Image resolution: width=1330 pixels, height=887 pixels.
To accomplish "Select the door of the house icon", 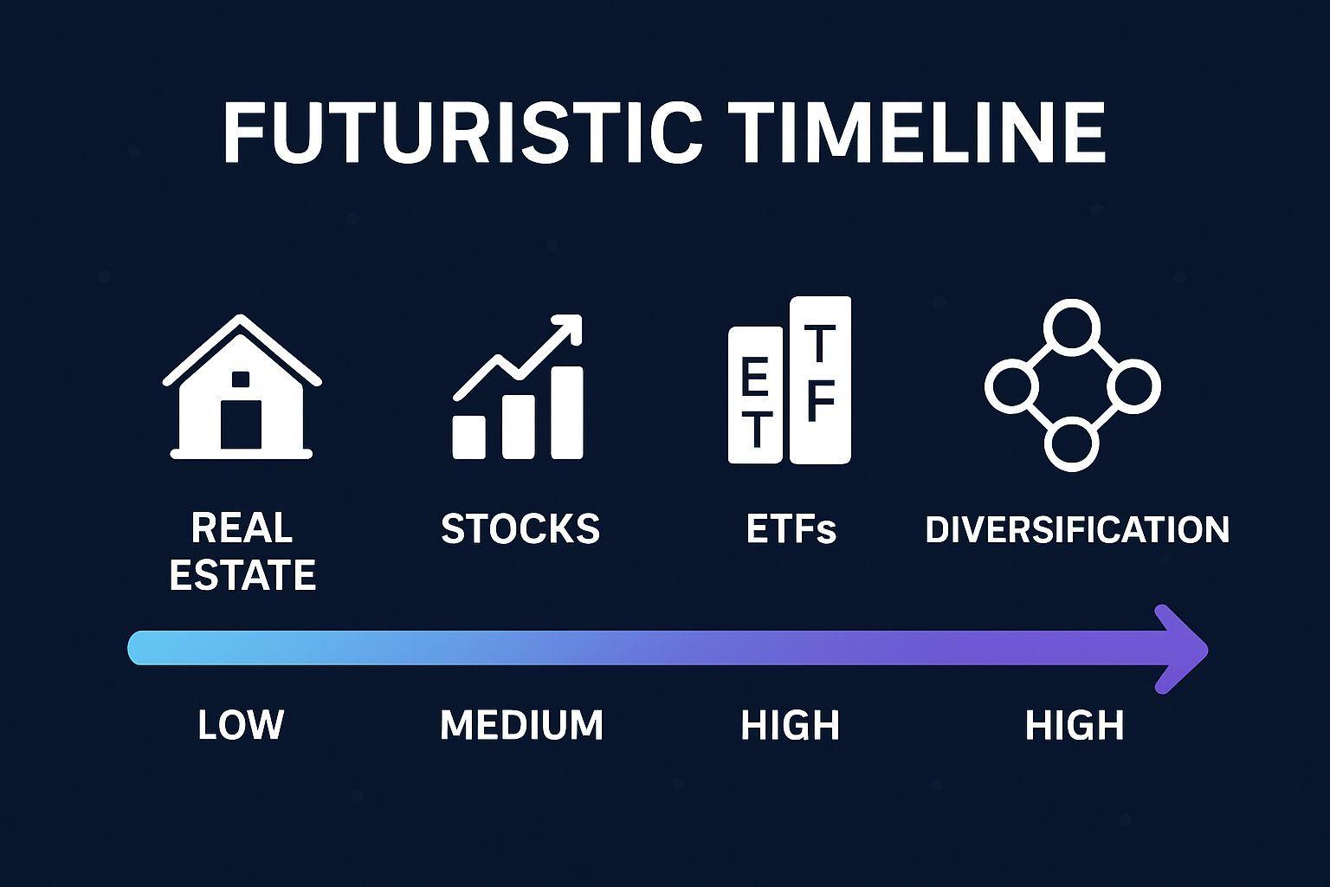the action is (241, 424).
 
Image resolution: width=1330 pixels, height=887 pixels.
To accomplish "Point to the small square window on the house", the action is (241, 379).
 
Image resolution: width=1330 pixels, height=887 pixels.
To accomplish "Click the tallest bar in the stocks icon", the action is (567, 412).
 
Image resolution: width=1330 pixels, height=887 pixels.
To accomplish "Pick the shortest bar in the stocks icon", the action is (469, 437).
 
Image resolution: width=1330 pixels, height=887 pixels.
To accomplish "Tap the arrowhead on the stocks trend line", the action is (567, 330).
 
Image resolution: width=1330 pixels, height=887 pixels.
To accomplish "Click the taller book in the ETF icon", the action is (820, 380).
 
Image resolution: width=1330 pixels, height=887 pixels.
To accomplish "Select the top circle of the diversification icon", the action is (1072, 328).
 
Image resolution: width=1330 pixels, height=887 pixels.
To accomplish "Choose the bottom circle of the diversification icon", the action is (1072, 443).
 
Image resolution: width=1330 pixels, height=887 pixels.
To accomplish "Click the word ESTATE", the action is (242, 574).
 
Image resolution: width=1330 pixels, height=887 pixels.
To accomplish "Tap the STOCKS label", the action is (520, 528).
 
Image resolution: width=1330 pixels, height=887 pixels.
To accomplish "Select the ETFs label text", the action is (791, 528).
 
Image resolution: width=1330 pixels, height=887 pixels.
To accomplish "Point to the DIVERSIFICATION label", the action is (1077, 528).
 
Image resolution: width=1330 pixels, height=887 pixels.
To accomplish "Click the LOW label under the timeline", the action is (241, 725).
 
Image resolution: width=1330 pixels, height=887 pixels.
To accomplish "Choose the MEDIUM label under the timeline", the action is (521, 725).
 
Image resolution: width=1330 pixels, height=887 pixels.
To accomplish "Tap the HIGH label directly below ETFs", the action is (791, 725).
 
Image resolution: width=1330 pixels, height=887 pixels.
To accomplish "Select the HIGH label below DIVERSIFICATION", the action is (1075, 725).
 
